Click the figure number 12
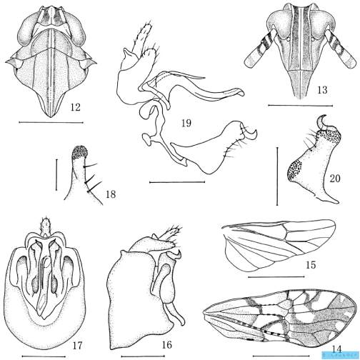click(x=75, y=107)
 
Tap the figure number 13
click(x=322, y=90)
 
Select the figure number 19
click(x=186, y=123)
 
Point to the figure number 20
click(x=335, y=178)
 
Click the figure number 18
click(x=111, y=194)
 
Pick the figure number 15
click(x=311, y=264)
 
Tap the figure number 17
click(x=77, y=345)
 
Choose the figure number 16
click(x=166, y=344)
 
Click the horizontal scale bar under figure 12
click(x=51, y=123)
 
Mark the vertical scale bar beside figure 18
click(x=56, y=175)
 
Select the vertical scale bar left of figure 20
click(x=277, y=176)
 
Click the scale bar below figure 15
click(x=276, y=277)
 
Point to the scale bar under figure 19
click(x=177, y=182)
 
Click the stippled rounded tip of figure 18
click(x=79, y=152)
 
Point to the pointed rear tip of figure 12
click(x=51, y=116)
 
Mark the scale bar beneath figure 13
click(x=301, y=105)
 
